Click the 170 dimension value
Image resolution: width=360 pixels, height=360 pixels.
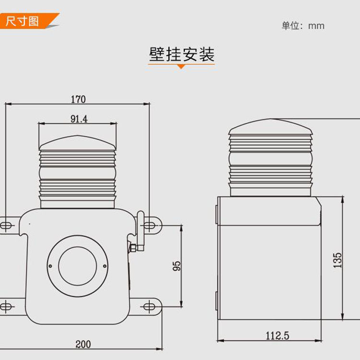pos(78,99)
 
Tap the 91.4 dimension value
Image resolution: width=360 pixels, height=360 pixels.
pos(79,119)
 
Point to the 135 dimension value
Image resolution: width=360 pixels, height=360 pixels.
pos(338,260)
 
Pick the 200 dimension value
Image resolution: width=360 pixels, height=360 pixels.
pos(83,344)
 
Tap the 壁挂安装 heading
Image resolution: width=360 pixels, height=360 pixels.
pos(181,54)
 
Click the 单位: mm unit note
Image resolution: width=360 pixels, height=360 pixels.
pos(303,26)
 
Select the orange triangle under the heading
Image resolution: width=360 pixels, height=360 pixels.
pos(181,66)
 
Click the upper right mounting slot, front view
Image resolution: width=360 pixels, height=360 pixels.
pos(150,225)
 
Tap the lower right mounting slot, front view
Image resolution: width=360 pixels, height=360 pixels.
pos(150,305)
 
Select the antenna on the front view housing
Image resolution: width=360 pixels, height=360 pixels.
pos(141,230)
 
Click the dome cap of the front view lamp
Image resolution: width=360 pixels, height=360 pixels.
pos(77,143)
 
